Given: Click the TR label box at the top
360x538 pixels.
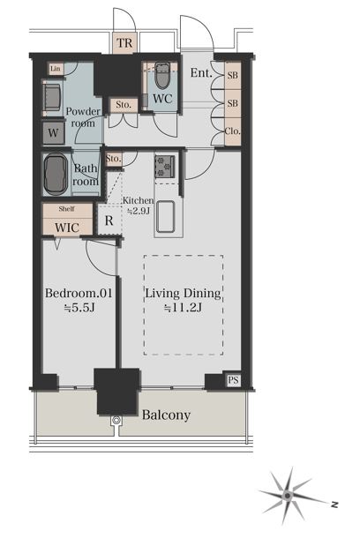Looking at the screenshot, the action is pos(124,43).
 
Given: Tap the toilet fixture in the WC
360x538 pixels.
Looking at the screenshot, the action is pos(162,75).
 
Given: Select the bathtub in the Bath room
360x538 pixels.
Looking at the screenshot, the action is pos(56,174).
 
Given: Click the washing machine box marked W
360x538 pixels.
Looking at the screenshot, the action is pos(53,132).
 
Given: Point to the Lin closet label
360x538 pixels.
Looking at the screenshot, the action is pos(56,69).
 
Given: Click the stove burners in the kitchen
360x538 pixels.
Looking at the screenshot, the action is pos(165,167).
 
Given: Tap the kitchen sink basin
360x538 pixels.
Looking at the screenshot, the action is pos(165,216).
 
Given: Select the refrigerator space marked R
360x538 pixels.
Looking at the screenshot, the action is pos(109,220).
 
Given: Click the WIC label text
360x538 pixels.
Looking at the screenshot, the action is pos(67,228).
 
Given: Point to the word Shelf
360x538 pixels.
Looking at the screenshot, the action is pos(66,209).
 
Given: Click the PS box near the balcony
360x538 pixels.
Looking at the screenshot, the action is pos(233,380).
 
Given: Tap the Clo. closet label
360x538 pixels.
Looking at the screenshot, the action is pos(233,131).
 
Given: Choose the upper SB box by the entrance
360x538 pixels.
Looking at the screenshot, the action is pos(233,75).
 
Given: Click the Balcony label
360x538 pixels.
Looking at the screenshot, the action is pos(166,415).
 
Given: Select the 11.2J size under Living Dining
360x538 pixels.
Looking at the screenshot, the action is pos(183,308).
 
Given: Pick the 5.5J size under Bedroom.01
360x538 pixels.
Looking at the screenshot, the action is pos(79,308).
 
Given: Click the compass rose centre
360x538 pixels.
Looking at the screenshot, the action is pos(288,495).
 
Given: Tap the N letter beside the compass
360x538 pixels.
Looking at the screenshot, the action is pos(334,504).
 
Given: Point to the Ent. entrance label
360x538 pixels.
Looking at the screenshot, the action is pos(201,72).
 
